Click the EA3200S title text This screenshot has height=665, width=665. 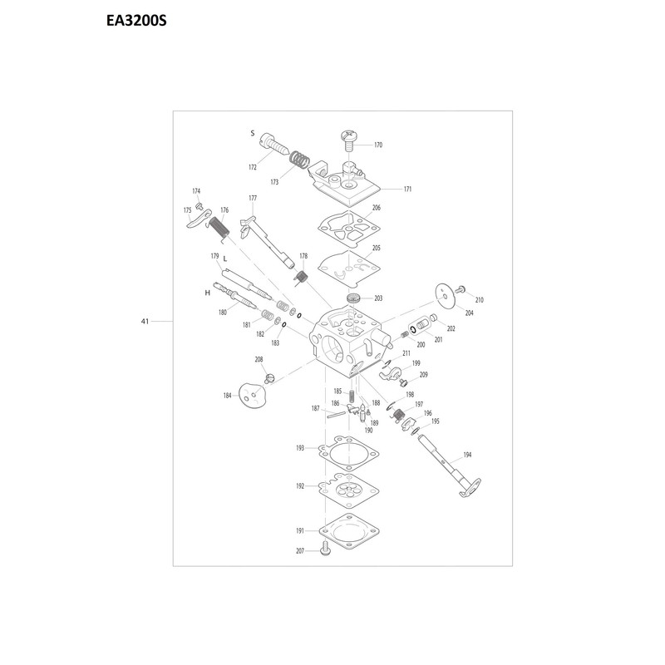136,21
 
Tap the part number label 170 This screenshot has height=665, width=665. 378,145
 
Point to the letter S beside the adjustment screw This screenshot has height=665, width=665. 253,133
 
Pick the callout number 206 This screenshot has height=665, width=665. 377,208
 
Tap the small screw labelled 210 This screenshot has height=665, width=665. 460,289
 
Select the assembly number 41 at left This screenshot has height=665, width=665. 145,322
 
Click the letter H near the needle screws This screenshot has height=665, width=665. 207,293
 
